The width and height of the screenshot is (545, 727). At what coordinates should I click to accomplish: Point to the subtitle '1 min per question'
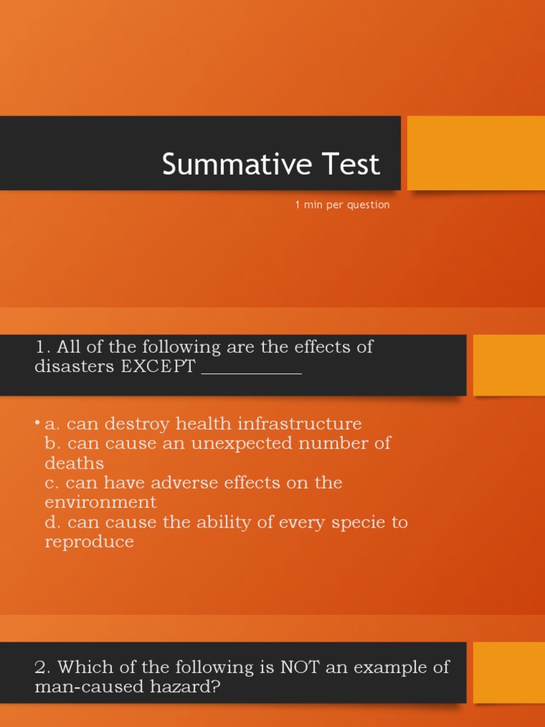coord(343,205)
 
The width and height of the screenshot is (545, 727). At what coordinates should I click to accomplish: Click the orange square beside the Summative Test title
coord(476,153)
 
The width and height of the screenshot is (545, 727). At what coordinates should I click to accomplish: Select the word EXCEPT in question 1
coord(158,366)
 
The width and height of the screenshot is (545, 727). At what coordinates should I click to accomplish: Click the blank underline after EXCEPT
coord(252,372)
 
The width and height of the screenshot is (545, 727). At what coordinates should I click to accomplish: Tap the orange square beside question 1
coord(509,365)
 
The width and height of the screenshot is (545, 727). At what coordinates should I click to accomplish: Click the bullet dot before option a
coord(37,422)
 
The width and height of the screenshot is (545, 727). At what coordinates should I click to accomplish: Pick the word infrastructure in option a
coord(299,424)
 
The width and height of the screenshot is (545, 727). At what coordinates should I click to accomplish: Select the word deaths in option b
coord(74,463)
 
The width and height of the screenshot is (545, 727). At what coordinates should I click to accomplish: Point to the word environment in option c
coord(101,502)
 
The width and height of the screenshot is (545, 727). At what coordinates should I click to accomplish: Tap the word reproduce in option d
coord(89,542)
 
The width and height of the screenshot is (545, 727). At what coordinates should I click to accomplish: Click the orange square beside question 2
coord(509,672)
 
